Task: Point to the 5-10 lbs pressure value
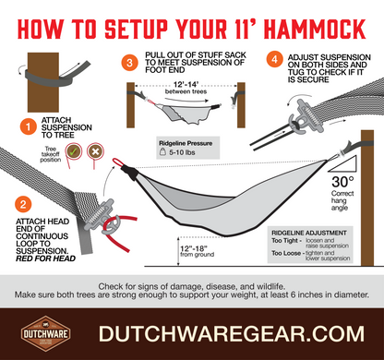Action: coord(182,153)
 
